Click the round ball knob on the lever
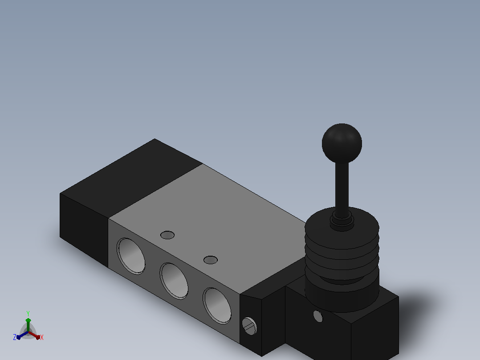point(342,143)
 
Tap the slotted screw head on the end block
point(249,326)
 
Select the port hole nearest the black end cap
point(131,256)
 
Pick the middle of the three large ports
point(174,281)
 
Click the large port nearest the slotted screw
point(217,306)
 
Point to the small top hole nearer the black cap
point(167,235)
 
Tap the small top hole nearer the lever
point(211,260)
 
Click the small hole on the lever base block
point(318,316)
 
